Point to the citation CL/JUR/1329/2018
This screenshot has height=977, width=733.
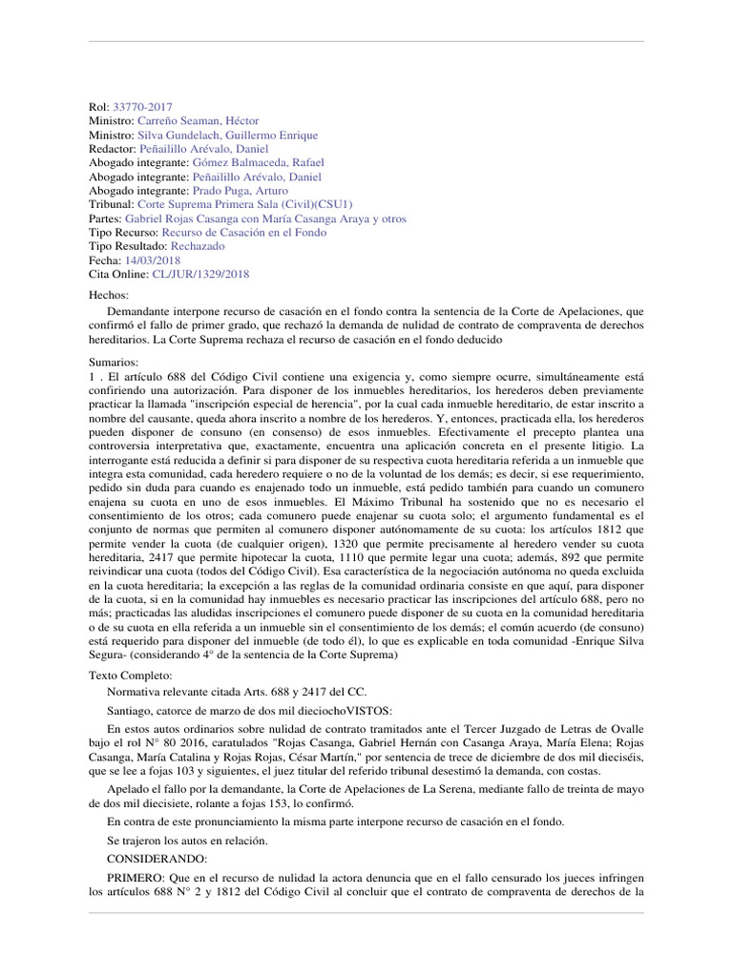click(x=199, y=274)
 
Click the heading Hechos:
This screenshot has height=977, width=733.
click(x=107, y=297)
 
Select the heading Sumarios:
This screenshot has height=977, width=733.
click(x=113, y=362)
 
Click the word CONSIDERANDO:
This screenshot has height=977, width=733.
click(x=152, y=859)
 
